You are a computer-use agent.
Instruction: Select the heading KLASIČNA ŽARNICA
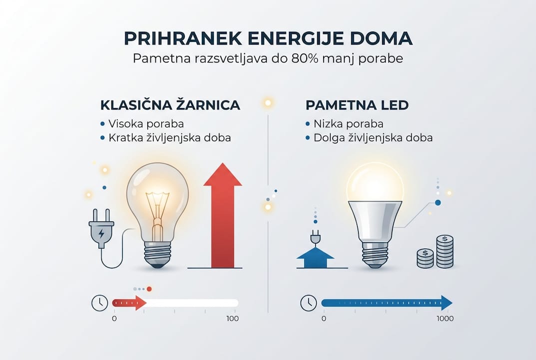(x=170, y=105)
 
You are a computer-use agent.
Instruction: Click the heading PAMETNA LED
(x=357, y=105)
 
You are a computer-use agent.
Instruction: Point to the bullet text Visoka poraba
(x=143, y=123)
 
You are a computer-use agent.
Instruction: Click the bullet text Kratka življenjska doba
(x=169, y=137)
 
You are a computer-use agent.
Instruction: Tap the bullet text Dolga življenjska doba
(x=373, y=137)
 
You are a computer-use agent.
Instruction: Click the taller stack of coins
(x=445, y=251)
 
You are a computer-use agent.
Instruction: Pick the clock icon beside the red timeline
(x=100, y=302)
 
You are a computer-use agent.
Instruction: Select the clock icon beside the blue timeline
(x=308, y=302)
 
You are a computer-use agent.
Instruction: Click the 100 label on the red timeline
(x=232, y=318)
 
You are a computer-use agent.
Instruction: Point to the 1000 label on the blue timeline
(x=444, y=318)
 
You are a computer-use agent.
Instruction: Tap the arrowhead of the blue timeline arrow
(x=446, y=302)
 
